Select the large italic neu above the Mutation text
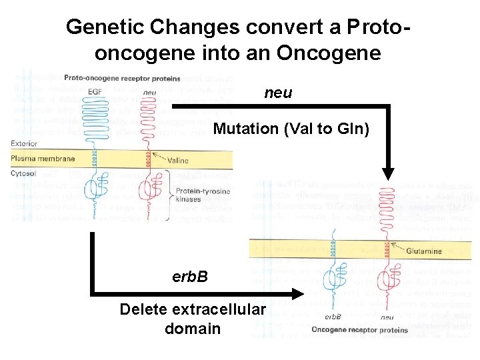[278, 93]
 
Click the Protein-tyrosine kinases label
[198, 194]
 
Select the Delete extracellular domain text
[189, 319]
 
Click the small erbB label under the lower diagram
[333, 317]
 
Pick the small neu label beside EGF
[150, 93]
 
